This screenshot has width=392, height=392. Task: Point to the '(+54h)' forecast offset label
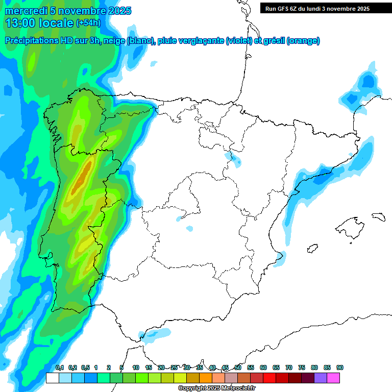point(88,23)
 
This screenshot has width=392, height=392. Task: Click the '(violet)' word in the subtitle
point(239,41)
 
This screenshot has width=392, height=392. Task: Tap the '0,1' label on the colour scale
point(59,368)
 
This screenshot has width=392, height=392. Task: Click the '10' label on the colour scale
point(136,368)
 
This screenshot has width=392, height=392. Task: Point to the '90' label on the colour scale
point(340,368)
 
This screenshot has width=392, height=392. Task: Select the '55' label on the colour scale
point(251,368)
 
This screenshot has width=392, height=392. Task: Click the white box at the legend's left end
point(52,378)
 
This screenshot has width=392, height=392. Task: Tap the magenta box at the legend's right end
point(333,378)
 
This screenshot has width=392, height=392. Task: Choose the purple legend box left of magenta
point(321,378)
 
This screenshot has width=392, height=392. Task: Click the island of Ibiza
point(312,249)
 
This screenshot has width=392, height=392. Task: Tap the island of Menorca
point(379,216)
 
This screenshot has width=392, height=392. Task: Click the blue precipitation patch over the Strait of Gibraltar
point(155,334)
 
